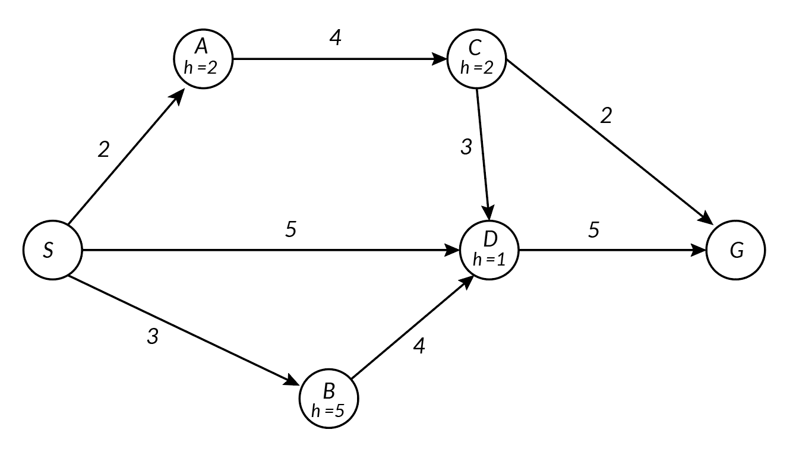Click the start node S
(x=52, y=250)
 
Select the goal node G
(x=736, y=250)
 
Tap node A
(x=203, y=59)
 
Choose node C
(x=476, y=59)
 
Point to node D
(x=489, y=250)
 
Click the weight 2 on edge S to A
(x=104, y=150)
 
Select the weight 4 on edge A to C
(x=336, y=39)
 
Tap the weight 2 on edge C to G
(x=606, y=115)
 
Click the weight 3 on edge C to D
(x=466, y=147)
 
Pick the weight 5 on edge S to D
(x=290, y=229)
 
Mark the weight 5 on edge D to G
(x=593, y=230)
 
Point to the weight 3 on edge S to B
(x=153, y=337)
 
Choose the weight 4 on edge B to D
(x=419, y=346)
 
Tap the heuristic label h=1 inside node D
(x=489, y=260)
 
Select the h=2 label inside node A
(x=202, y=68)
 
